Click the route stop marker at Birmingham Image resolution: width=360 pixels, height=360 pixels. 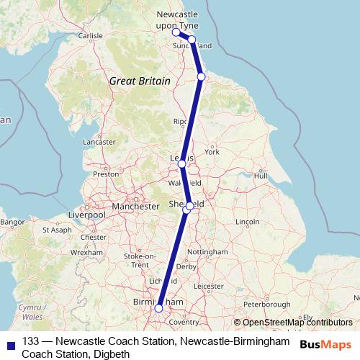(159, 308)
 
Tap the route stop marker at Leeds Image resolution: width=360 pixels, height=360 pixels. (182, 164)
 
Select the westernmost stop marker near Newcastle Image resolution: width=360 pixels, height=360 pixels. (176, 32)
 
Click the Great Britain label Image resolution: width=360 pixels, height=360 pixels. (140, 81)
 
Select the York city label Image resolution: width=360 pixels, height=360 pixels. (212, 152)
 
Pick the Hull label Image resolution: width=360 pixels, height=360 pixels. (261, 175)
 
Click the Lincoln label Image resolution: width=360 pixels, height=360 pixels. (247, 220)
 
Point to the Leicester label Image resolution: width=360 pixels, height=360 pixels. (209, 286)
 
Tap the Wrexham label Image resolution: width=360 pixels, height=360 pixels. (91, 253)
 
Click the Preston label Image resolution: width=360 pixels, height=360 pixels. (105, 174)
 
